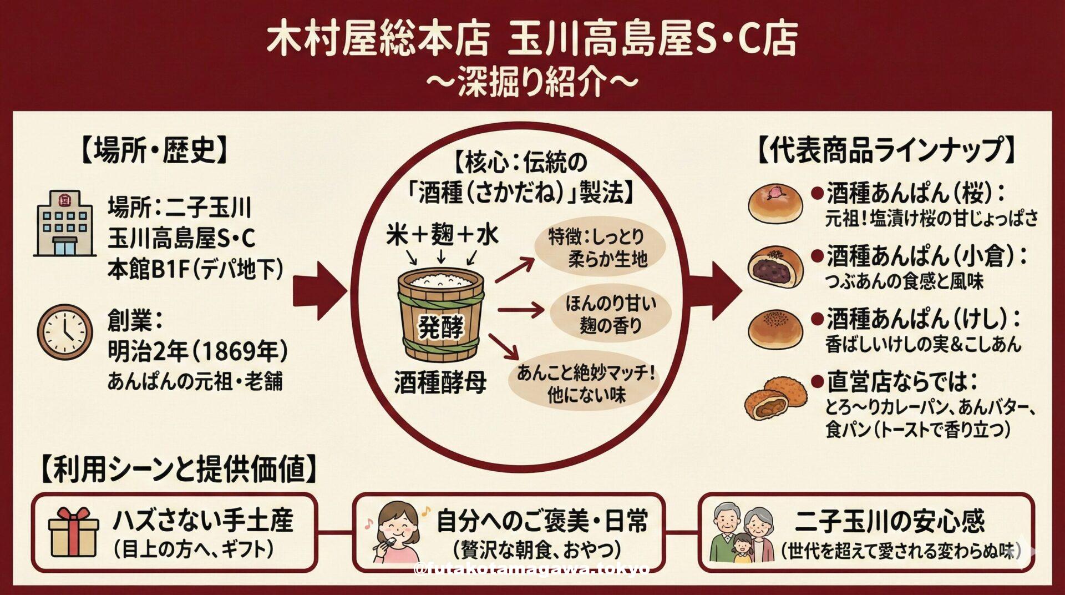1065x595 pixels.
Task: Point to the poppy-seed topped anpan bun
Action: pyautogui.click(x=775, y=329)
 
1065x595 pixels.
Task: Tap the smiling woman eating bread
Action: pyautogui.click(x=397, y=533)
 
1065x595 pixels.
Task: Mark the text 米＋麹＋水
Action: pyautogui.click(x=442, y=235)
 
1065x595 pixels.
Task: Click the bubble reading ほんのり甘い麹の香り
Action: pyautogui.click(x=610, y=314)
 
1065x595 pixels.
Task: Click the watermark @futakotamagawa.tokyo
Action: pyautogui.click(x=531, y=569)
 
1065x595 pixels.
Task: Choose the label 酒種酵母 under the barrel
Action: pyautogui.click(x=440, y=382)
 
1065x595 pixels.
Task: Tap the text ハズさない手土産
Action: pyautogui.click(x=202, y=520)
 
